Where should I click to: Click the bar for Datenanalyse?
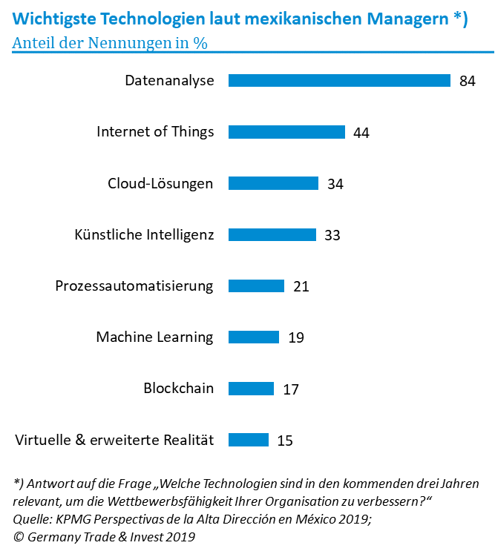pos(339,81)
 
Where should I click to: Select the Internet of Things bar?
pos(286,132)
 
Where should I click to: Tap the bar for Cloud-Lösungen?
pos(273,183)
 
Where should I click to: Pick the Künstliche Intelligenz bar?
pos(272,234)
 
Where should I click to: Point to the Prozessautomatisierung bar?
pos(256,286)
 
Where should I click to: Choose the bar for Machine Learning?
pos(254,337)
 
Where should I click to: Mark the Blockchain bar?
pos(251,388)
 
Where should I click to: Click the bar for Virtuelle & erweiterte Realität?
pos(249,440)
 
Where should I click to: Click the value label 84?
pos(467,82)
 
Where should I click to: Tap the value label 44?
pos(361,133)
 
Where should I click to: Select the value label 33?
pos(332,235)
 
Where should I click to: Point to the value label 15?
pos(285,441)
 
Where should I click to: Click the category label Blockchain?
pos(178,388)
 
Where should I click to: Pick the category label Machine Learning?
pos(154,337)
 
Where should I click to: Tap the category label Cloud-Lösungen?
pos(160,183)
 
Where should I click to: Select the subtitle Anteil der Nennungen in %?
pos(110,42)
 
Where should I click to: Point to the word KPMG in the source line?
pos(73,519)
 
